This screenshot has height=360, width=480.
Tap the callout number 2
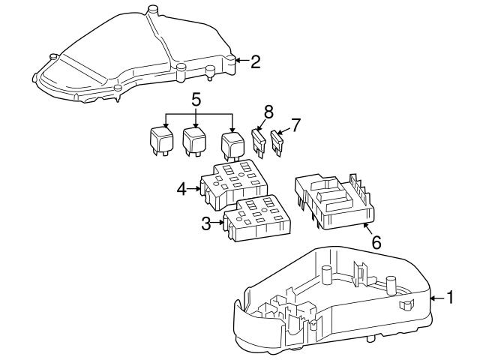point(255,61)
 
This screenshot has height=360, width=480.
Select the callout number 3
point(206,223)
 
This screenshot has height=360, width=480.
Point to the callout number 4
point(182,189)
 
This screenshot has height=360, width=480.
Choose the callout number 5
point(196,98)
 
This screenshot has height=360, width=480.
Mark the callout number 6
point(376,242)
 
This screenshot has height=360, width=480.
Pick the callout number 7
point(295,124)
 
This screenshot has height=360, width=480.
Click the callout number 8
point(268,114)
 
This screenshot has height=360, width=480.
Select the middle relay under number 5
point(195,140)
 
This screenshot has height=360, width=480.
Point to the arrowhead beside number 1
point(433,298)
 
